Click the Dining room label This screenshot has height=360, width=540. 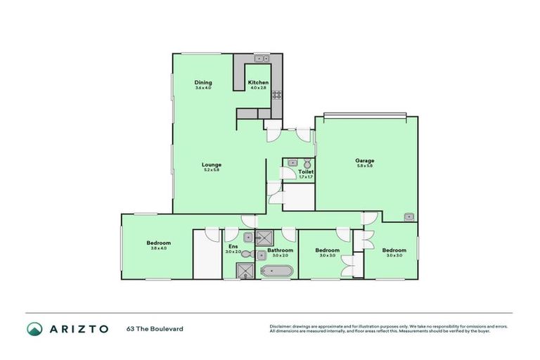pyautogui.click(x=203, y=82)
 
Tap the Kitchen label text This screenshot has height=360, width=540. pyautogui.click(x=257, y=82)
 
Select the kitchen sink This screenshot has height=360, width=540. pyautogui.click(x=262, y=59)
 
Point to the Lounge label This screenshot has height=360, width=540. pyautogui.click(x=212, y=165)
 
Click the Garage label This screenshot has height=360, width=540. pyautogui.click(x=364, y=160)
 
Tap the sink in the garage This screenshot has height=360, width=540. pyautogui.click(x=409, y=217)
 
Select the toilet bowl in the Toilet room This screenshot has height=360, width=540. pyautogui.click(x=307, y=162)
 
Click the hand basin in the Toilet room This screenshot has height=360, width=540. pyautogui.click(x=292, y=162)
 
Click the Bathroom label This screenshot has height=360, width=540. pyautogui.click(x=280, y=250)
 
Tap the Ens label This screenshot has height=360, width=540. pyautogui.click(x=233, y=246)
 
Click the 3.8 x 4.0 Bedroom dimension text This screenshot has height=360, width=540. pyautogui.click(x=160, y=247)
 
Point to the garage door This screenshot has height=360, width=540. pyautogui.click(x=361, y=115)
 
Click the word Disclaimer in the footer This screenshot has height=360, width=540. pyautogui.click(x=282, y=326)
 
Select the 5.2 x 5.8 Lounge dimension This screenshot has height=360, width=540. pyautogui.click(x=212, y=170)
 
